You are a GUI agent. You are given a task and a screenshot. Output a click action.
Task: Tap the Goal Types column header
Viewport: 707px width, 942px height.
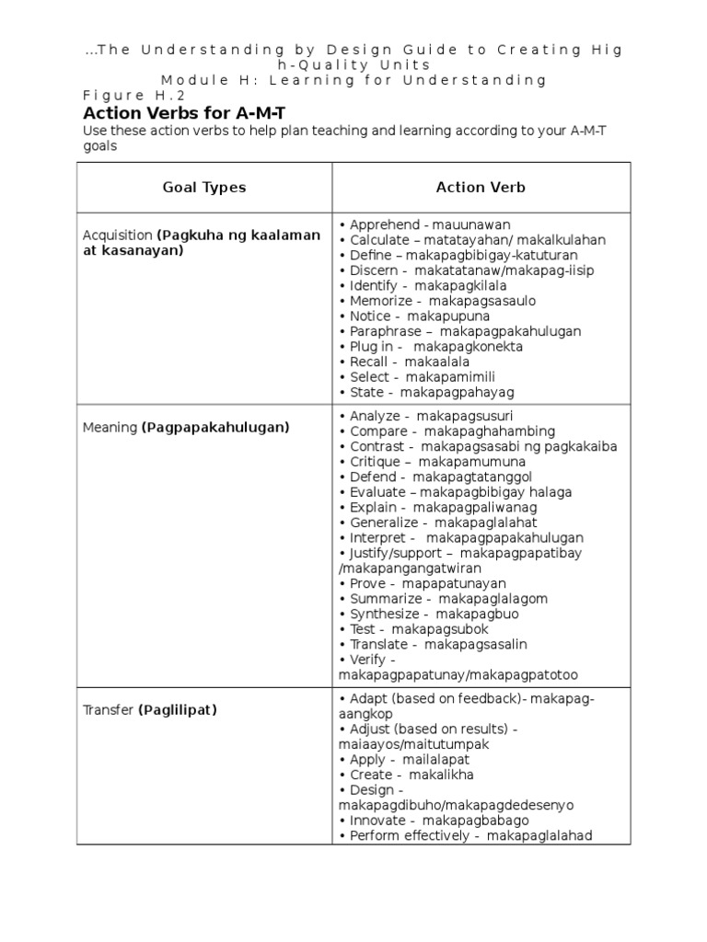coord(204,187)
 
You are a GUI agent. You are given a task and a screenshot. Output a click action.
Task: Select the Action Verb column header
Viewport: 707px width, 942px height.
coord(481,187)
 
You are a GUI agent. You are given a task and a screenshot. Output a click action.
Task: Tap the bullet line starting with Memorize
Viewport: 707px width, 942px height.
coord(437,301)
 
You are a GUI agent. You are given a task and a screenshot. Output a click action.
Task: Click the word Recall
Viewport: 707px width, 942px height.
coord(373,362)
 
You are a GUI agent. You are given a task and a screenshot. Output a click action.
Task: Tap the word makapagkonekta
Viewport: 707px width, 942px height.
coord(469,347)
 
